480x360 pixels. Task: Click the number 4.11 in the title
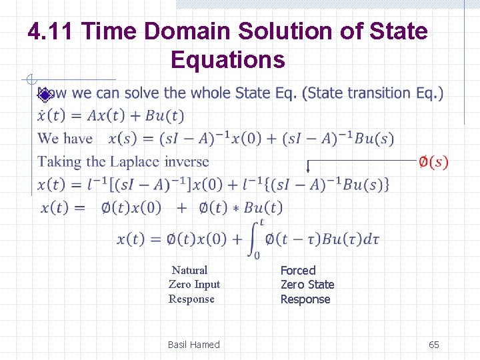[x=52, y=31]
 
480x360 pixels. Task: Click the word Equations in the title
[x=227, y=60]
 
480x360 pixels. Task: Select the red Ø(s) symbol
[x=433, y=162]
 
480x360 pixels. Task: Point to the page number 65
[x=433, y=345]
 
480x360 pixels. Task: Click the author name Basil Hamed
[x=193, y=345]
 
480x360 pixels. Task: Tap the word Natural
[x=189, y=270]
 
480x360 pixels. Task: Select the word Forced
[x=297, y=270]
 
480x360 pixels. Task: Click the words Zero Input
[x=194, y=285]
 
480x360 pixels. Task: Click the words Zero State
[x=307, y=285]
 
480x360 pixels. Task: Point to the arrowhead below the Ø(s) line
[x=308, y=170]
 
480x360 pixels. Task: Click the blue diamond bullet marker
[x=44, y=95]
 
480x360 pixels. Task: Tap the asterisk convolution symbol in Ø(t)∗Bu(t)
[x=235, y=209]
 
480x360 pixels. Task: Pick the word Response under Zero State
[x=305, y=299]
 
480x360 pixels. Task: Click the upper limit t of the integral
[x=261, y=222]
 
